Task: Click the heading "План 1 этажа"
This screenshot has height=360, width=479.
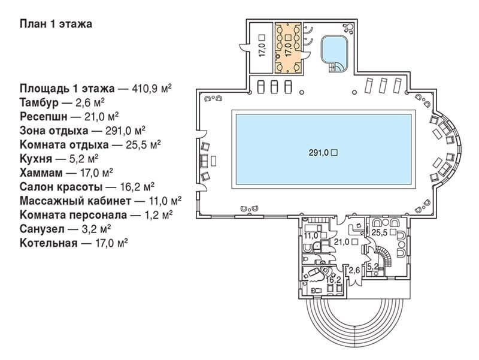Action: (56, 24)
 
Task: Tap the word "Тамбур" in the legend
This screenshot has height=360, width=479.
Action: (39, 102)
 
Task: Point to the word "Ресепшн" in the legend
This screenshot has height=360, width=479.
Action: (43, 117)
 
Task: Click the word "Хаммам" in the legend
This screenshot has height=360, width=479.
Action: (41, 173)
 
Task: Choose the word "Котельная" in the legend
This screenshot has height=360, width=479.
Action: (48, 243)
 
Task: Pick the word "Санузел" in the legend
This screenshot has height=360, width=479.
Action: (42, 229)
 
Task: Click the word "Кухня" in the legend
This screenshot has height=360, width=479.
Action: (36, 159)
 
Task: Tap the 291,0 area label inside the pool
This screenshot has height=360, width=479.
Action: (320, 153)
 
